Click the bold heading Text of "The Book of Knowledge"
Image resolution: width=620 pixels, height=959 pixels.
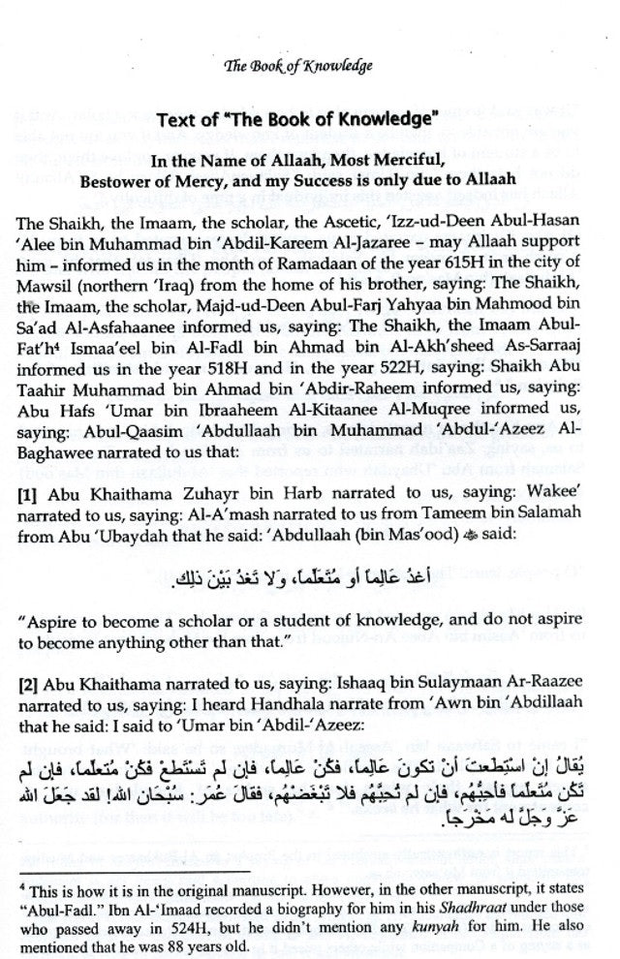pos(311,125)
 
